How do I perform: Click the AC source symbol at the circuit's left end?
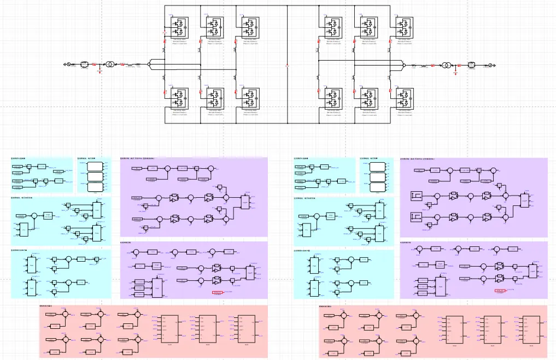tap(68, 64)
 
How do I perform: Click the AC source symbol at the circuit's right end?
tap(490, 66)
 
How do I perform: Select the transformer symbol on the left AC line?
tap(110, 64)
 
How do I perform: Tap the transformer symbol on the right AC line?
tap(447, 66)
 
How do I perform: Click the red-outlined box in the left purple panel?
tap(218, 293)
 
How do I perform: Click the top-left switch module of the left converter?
tap(179, 25)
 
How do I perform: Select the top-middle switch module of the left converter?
tap(214, 25)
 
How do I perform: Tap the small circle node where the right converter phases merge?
tap(403, 66)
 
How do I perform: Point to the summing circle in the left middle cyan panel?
tap(33, 216)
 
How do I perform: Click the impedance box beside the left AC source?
tap(84, 64)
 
